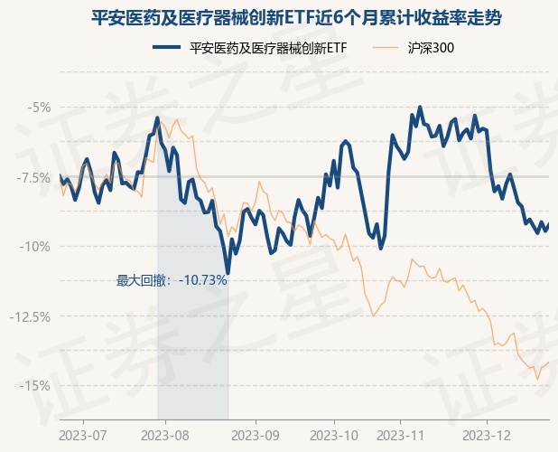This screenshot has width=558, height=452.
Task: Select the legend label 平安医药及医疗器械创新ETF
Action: [269, 47]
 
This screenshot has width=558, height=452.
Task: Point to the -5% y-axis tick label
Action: [39, 108]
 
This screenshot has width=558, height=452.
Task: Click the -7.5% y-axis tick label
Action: [34, 177]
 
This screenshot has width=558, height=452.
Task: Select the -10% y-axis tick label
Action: [36, 247]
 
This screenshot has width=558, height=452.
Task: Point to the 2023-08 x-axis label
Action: [165, 434]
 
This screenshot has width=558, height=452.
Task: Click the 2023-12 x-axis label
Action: [486, 434]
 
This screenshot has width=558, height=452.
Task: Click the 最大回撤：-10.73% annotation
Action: [172, 280]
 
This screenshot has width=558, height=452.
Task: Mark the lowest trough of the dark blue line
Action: [228, 272]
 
